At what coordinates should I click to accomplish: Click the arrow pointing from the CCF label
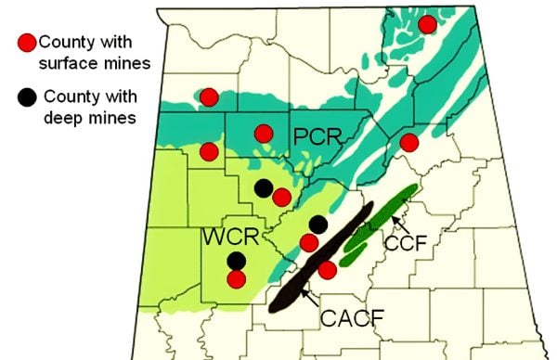(395, 221)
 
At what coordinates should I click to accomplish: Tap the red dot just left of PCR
(264, 133)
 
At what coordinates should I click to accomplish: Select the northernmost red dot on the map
(427, 24)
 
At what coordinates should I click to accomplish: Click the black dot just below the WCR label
(237, 261)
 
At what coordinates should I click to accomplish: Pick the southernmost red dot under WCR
(237, 278)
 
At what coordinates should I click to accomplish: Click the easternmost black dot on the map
(317, 224)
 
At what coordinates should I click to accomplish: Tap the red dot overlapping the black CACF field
(327, 269)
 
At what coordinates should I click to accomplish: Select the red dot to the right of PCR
(408, 142)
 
